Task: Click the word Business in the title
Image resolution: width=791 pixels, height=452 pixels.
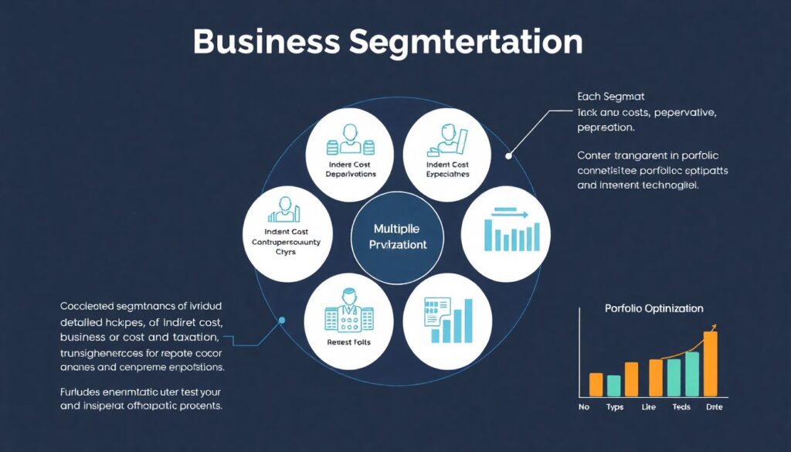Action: coord(263,42)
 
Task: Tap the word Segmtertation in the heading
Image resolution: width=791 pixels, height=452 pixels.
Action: coord(466,43)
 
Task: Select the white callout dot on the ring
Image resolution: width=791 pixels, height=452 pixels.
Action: coord(508,155)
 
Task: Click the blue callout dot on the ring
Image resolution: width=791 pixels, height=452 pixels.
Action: coord(282,319)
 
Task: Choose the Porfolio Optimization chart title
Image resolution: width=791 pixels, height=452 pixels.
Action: coord(654,308)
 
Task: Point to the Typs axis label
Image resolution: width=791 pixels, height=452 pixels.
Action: coord(614,406)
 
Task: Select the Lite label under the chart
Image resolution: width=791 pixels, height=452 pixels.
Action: coord(649,406)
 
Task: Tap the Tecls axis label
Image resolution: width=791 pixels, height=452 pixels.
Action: coord(681,406)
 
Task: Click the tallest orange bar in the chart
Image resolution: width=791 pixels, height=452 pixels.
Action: coord(711,363)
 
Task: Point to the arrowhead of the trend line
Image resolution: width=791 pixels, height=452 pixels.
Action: coord(712,328)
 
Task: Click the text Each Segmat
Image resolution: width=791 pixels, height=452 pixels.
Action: coord(610,97)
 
